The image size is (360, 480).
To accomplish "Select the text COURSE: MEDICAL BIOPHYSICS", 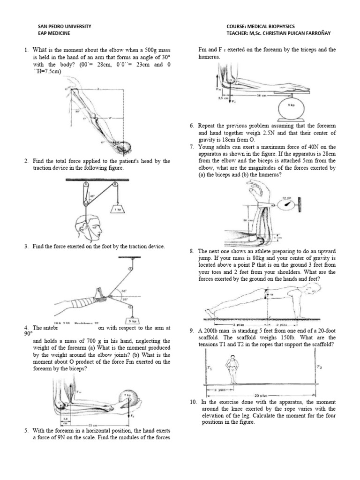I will click(x=261, y=26).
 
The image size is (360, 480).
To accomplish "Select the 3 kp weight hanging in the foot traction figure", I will click(x=133, y=308).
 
